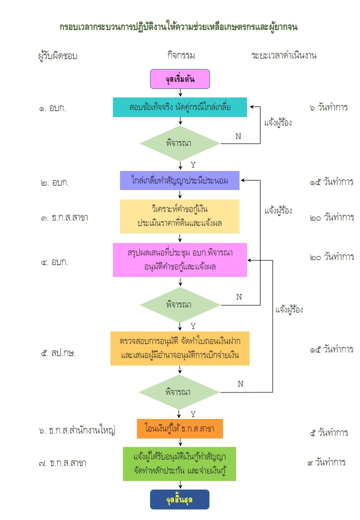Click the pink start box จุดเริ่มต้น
click(x=179, y=79)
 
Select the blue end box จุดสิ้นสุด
click(x=179, y=499)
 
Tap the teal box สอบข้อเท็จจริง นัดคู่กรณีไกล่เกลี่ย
click(x=179, y=107)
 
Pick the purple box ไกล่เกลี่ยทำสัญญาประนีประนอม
click(x=179, y=180)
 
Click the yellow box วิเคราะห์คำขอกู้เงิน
click(x=179, y=216)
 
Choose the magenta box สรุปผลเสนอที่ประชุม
click(x=179, y=260)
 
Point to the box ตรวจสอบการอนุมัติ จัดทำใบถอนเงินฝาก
click(x=179, y=348)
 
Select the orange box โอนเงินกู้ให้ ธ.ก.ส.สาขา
click(x=179, y=428)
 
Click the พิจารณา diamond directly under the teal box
click(x=179, y=143)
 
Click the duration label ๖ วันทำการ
click(x=328, y=107)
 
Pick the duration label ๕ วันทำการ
click(x=328, y=432)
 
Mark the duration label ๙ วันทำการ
click(x=326, y=462)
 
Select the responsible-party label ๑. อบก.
click(x=53, y=108)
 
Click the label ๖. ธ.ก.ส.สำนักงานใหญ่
click(x=77, y=430)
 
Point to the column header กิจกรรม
click(x=181, y=55)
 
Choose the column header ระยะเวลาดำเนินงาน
click(x=283, y=55)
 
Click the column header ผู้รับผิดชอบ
click(x=58, y=55)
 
